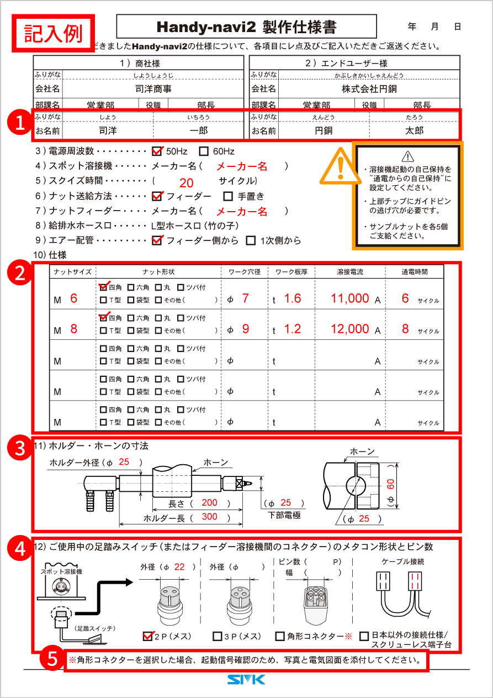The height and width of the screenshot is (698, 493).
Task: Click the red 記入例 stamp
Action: (54, 33)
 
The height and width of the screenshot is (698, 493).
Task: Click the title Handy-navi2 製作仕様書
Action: (246, 27)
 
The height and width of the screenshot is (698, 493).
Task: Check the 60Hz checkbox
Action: (204, 151)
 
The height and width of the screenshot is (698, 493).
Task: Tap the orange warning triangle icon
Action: (340, 165)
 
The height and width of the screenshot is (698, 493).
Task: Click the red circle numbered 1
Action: (20, 122)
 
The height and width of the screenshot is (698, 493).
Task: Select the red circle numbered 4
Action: (20, 548)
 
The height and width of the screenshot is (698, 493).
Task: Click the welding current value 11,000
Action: (349, 298)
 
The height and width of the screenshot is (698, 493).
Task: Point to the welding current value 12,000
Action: (349, 329)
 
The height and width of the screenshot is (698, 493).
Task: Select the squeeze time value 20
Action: (187, 183)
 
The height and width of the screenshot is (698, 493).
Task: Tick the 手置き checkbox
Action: (228, 196)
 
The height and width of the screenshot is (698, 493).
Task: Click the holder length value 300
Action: (209, 517)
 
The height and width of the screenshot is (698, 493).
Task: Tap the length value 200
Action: (209, 503)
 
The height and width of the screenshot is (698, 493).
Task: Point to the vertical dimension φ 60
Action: (390, 486)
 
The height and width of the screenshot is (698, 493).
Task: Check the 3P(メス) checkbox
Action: (217, 636)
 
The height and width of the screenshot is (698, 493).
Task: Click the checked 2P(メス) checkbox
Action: (147, 636)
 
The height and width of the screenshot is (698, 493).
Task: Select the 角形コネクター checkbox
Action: (280, 636)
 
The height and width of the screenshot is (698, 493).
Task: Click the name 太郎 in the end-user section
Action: (414, 131)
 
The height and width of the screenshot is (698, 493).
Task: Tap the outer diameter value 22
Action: (179, 567)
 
